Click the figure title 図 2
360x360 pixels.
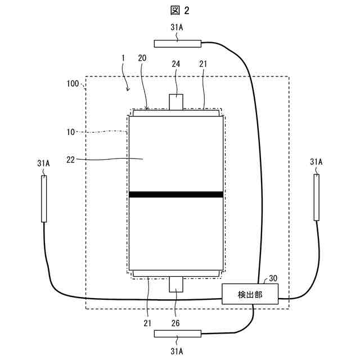click(179, 10)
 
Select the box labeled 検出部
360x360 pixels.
click(250, 294)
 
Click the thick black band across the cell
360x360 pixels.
click(176, 195)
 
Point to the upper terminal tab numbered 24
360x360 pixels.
click(176, 102)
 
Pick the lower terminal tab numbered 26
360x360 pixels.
click(176, 285)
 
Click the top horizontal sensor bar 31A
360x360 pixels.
click(178, 42)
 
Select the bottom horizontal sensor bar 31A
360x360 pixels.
click(177, 334)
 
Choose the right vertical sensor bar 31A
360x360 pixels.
click(316, 197)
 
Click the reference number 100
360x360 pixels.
click(73, 84)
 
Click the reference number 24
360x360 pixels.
click(176, 65)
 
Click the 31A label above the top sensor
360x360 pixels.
click(177, 27)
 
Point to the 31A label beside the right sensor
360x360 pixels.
click(316, 162)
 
